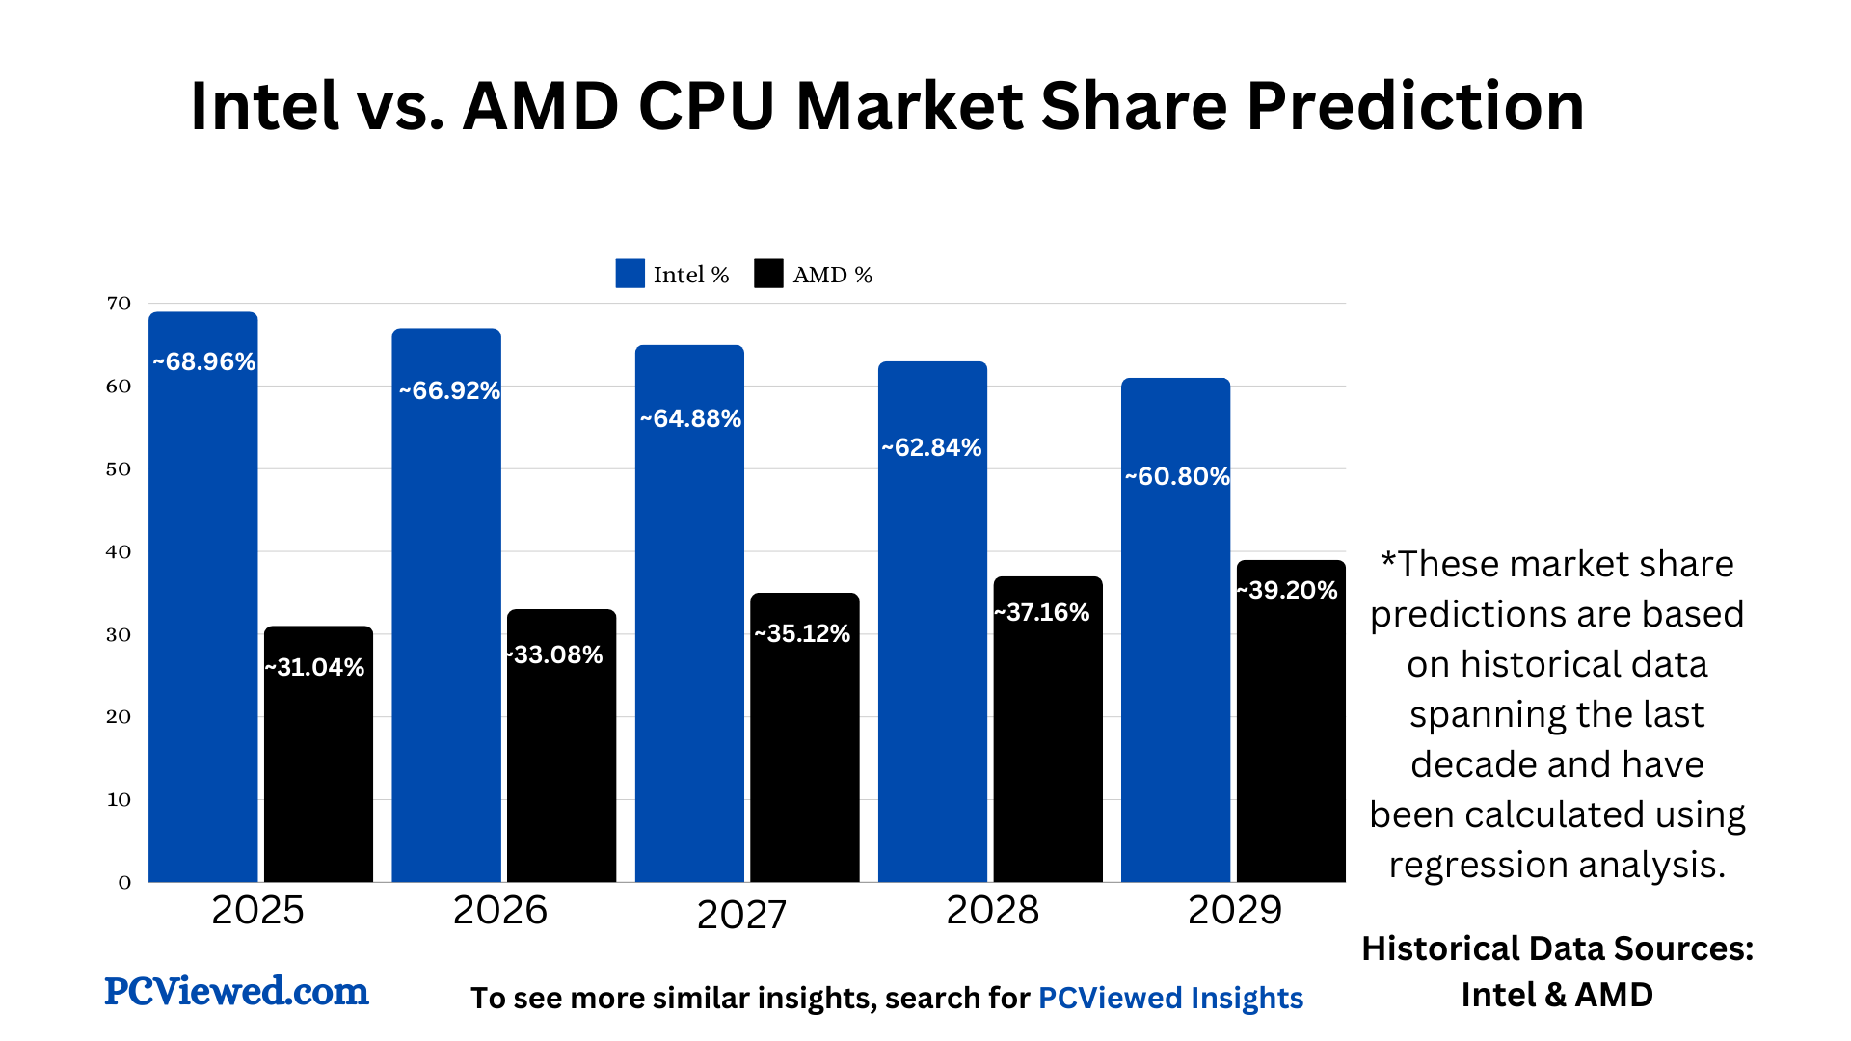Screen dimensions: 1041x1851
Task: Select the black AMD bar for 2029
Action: (1291, 733)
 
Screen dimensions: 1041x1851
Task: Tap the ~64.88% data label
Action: (690, 419)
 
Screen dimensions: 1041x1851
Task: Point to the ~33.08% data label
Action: (555, 655)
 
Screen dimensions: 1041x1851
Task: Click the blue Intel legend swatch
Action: (630, 274)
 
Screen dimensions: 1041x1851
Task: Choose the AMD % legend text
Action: (832, 276)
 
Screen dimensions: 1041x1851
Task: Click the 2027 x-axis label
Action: (741, 915)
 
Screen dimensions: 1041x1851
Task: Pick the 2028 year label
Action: (992, 910)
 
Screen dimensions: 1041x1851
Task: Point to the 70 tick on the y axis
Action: (119, 304)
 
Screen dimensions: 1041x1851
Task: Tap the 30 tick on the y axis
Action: (119, 635)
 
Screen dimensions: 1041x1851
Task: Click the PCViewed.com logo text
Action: (236, 991)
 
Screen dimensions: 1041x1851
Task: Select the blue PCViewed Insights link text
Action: (1170, 998)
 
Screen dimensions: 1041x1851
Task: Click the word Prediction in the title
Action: (1414, 106)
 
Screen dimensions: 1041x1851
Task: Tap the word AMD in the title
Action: (540, 106)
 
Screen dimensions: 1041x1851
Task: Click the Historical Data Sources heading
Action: (1557, 948)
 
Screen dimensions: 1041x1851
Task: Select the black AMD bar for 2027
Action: (804, 752)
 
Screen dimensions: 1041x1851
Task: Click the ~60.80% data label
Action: (1177, 477)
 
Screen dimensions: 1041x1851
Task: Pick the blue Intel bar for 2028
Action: (932, 655)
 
